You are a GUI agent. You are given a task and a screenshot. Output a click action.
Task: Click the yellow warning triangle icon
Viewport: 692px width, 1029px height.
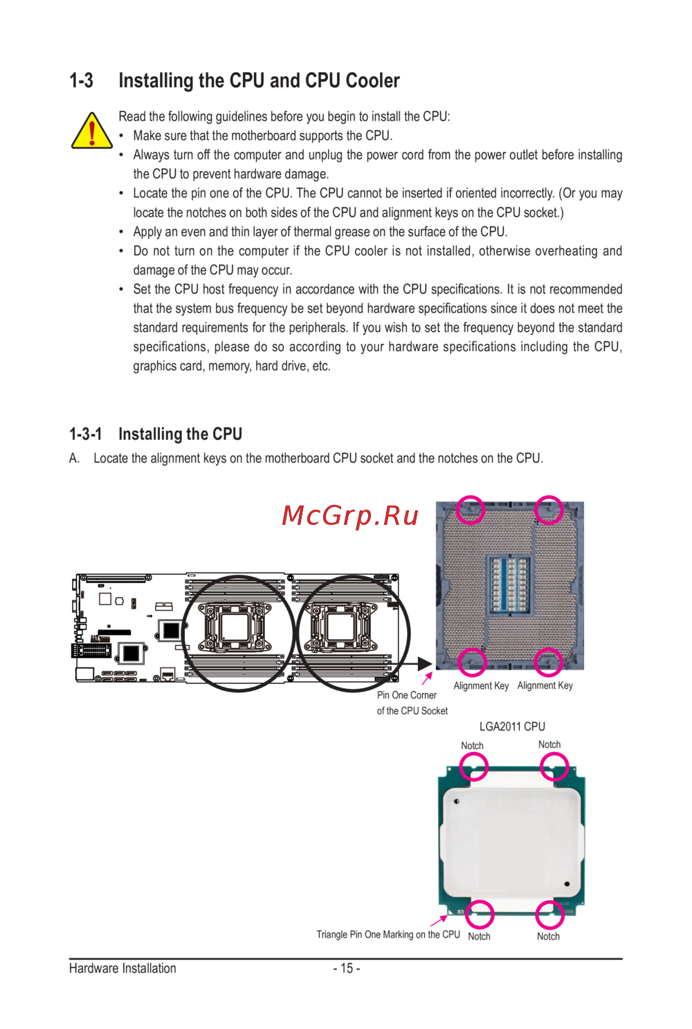pyautogui.click(x=91, y=132)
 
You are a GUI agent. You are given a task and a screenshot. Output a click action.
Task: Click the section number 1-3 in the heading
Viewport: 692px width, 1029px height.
pyautogui.click(x=81, y=81)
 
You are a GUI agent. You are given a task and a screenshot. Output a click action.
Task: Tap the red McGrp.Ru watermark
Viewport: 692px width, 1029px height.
pyautogui.click(x=350, y=515)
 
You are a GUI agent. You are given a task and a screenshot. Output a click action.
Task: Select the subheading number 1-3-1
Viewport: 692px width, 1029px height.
pyautogui.click(x=85, y=434)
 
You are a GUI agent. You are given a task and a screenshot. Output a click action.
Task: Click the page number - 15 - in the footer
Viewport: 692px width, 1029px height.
pyautogui.click(x=346, y=968)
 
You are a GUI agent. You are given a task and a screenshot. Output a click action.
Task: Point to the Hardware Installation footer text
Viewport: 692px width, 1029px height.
pyautogui.click(x=122, y=968)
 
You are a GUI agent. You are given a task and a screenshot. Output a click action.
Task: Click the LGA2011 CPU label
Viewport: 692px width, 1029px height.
pyautogui.click(x=512, y=726)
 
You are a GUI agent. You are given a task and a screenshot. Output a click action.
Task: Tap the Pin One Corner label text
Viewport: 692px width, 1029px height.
pyautogui.click(x=407, y=695)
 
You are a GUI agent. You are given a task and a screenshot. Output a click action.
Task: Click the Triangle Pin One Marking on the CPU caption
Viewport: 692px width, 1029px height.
pyautogui.click(x=388, y=935)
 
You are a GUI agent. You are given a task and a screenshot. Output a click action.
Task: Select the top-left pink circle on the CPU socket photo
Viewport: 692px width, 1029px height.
pyautogui.click(x=471, y=510)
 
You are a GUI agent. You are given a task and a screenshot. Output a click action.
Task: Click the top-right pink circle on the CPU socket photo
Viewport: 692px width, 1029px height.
pyautogui.click(x=549, y=510)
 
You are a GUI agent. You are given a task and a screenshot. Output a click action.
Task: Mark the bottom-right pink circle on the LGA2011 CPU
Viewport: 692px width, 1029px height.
pyautogui.click(x=549, y=914)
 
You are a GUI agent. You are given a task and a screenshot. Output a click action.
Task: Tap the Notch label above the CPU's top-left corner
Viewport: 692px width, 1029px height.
pyautogui.click(x=472, y=746)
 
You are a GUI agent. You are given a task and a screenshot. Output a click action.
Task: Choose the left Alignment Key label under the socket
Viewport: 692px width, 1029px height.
pyautogui.click(x=481, y=686)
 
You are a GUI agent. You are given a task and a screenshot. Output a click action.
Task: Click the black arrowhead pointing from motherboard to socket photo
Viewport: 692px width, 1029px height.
pyautogui.click(x=425, y=663)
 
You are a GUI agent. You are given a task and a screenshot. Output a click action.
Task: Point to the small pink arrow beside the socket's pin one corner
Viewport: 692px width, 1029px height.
pyautogui.click(x=427, y=678)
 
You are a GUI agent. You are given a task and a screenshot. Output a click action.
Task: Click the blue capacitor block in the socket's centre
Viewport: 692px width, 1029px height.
pyautogui.click(x=509, y=585)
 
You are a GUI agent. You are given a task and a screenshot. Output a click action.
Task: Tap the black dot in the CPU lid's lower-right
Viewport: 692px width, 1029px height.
pyautogui.click(x=567, y=884)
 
